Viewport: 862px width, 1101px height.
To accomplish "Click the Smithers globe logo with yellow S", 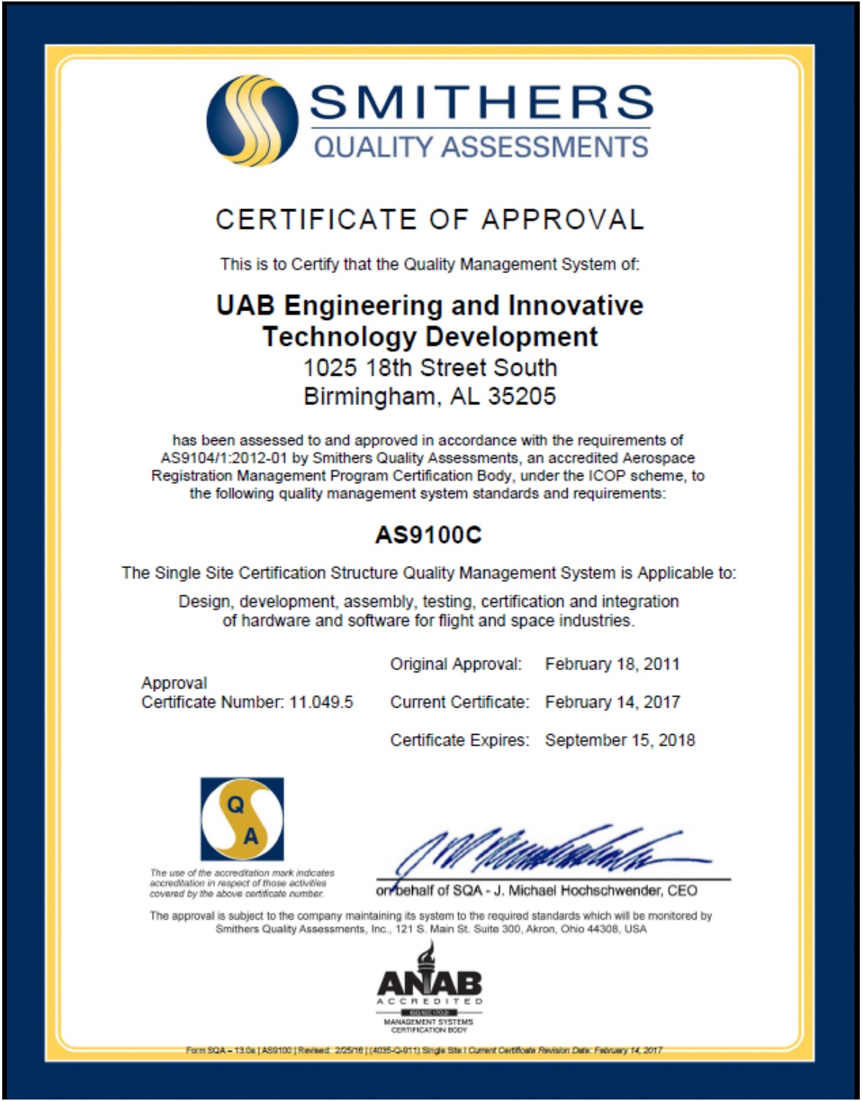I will coord(252,120).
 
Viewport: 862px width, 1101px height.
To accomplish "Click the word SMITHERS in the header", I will coord(481,102).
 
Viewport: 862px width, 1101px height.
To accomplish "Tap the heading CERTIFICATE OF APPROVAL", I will coord(430,219).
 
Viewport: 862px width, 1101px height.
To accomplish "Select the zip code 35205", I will coord(522,396).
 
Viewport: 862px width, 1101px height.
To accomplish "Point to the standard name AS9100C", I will coord(429,535).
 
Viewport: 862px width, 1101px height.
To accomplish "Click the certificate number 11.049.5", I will coord(321,702).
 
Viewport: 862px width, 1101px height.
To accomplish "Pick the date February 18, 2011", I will coord(612,664).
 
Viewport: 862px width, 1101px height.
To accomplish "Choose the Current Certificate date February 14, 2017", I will coord(612,702).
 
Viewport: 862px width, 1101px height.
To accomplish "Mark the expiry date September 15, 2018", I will coord(620,740).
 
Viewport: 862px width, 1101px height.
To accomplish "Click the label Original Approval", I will coord(456,664).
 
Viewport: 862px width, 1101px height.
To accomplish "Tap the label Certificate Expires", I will coord(460,740).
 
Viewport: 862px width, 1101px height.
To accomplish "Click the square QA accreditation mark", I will coord(242,819).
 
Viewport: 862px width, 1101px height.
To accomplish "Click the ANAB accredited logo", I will coord(430,987).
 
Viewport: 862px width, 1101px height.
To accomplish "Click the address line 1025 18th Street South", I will coord(430,368).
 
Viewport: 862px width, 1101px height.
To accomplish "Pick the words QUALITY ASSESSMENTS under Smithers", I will coord(481,147).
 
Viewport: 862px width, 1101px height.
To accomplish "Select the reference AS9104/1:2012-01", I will coord(224,458).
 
